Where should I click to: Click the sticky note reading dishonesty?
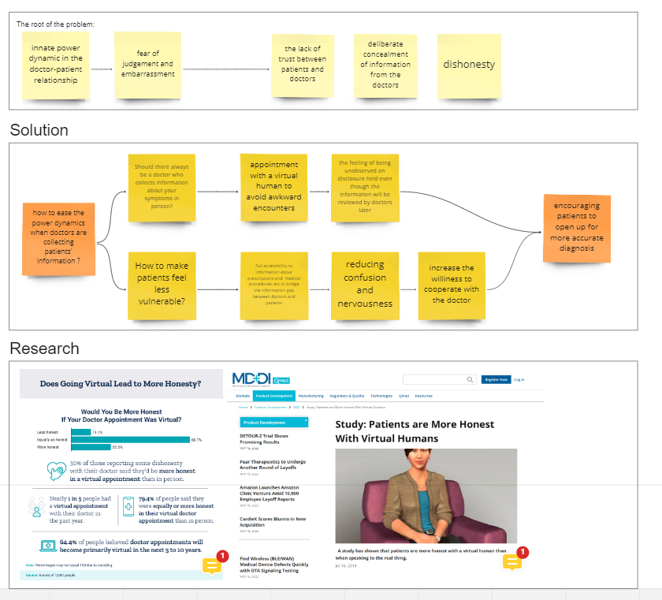click(469, 65)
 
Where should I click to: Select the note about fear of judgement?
click(147, 64)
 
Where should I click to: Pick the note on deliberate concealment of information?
click(385, 65)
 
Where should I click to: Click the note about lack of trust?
click(303, 64)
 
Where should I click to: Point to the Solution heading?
click(39, 130)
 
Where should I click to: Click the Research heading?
click(44, 348)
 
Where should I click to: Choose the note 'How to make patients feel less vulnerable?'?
click(161, 283)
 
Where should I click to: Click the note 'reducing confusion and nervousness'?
click(365, 284)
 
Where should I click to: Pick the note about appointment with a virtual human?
click(273, 187)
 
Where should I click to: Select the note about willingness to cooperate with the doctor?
click(451, 284)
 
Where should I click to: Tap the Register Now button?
click(495, 379)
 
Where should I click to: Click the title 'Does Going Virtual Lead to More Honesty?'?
click(121, 385)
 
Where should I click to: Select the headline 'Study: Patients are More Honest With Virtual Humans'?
click(415, 430)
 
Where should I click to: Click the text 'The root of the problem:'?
click(55, 24)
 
